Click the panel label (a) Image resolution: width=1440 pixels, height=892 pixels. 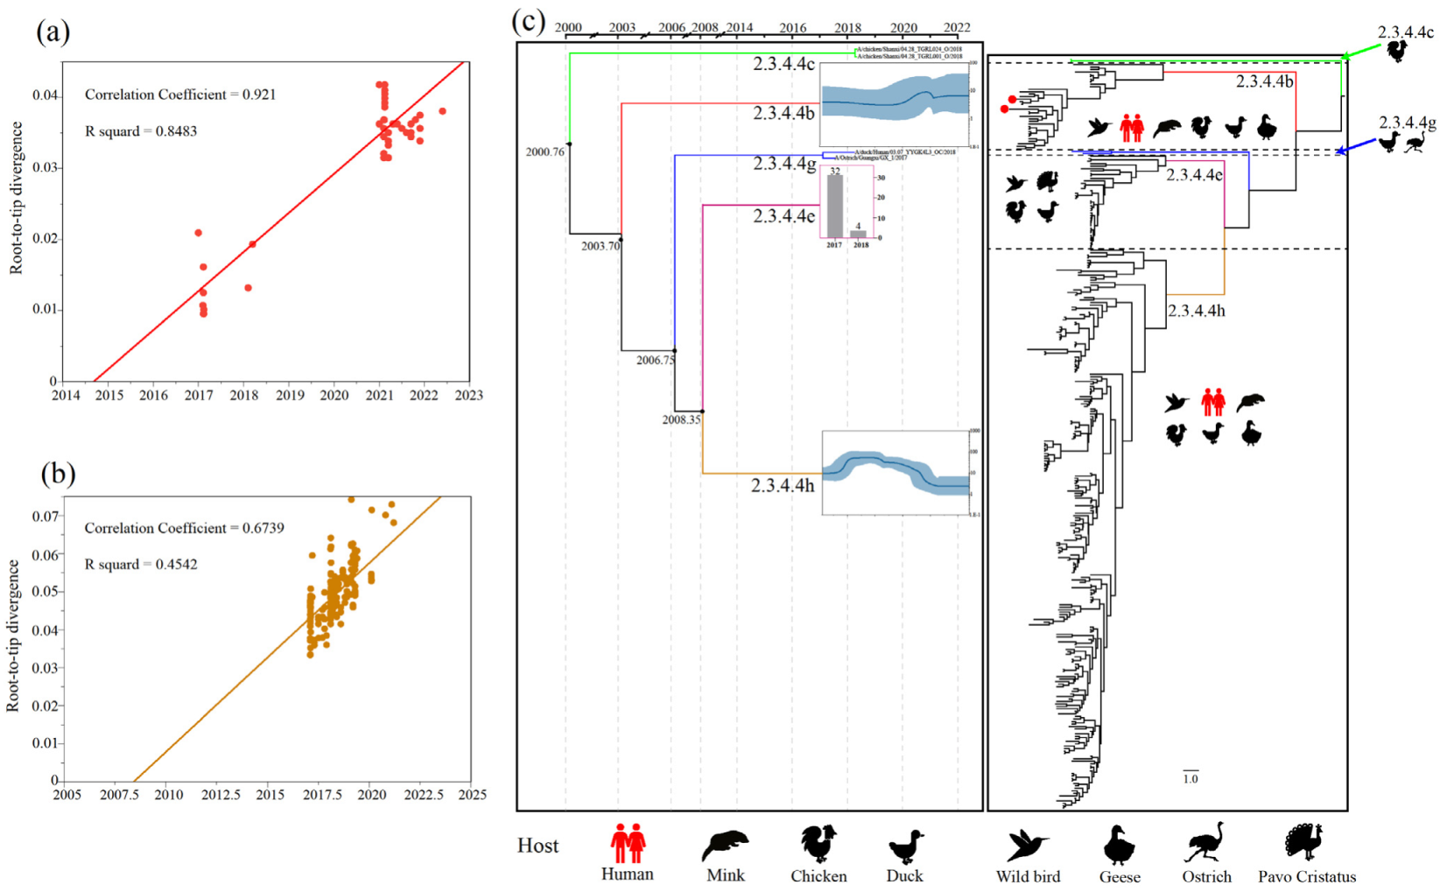(53, 32)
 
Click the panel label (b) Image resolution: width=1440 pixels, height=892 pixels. (58, 474)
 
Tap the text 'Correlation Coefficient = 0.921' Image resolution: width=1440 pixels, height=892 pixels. (179, 95)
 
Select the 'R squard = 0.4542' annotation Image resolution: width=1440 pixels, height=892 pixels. (140, 565)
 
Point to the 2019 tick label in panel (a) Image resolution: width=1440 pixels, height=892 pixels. (290, 396)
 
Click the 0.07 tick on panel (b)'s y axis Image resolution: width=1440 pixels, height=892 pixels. (46, 516)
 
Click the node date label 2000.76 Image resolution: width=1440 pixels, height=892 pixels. (544, 152)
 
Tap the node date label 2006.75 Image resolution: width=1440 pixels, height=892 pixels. (655, 361)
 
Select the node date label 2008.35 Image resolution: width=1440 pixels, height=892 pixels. (681, 420)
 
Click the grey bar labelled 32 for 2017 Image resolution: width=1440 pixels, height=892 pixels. (835, 207)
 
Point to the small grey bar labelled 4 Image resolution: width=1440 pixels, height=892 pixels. (859, 234)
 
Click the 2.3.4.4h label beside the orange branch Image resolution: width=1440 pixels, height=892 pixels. (782, 486)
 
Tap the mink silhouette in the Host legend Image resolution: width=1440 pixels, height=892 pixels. (725, 845)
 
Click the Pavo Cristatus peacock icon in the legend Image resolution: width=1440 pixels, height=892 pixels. (1305, 842)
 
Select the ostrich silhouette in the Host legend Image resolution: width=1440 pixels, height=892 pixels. (1207, 842)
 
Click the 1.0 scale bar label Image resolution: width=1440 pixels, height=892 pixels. (1191, 778)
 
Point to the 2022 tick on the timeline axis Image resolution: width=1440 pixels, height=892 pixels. (957, 28)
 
